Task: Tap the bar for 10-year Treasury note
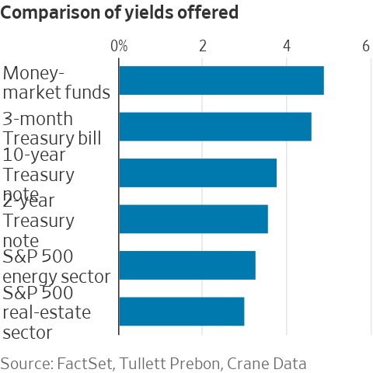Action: pyautogui.click(x=197, y=173)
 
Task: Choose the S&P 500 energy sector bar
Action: pyautogui.click(x=186, y=265)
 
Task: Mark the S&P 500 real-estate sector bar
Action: pyautogui.click(x=181, y=311)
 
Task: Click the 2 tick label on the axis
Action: pyautogui.click(x=202, y=47)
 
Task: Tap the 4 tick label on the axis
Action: pyautogui.click(x=287, y=47)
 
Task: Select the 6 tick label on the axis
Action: pyautogui.click(x=366, y=47)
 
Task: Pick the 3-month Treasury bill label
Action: pyautogui.click(x=52, y=128)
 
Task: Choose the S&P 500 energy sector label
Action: pyautogui.click(x=56, y=267)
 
